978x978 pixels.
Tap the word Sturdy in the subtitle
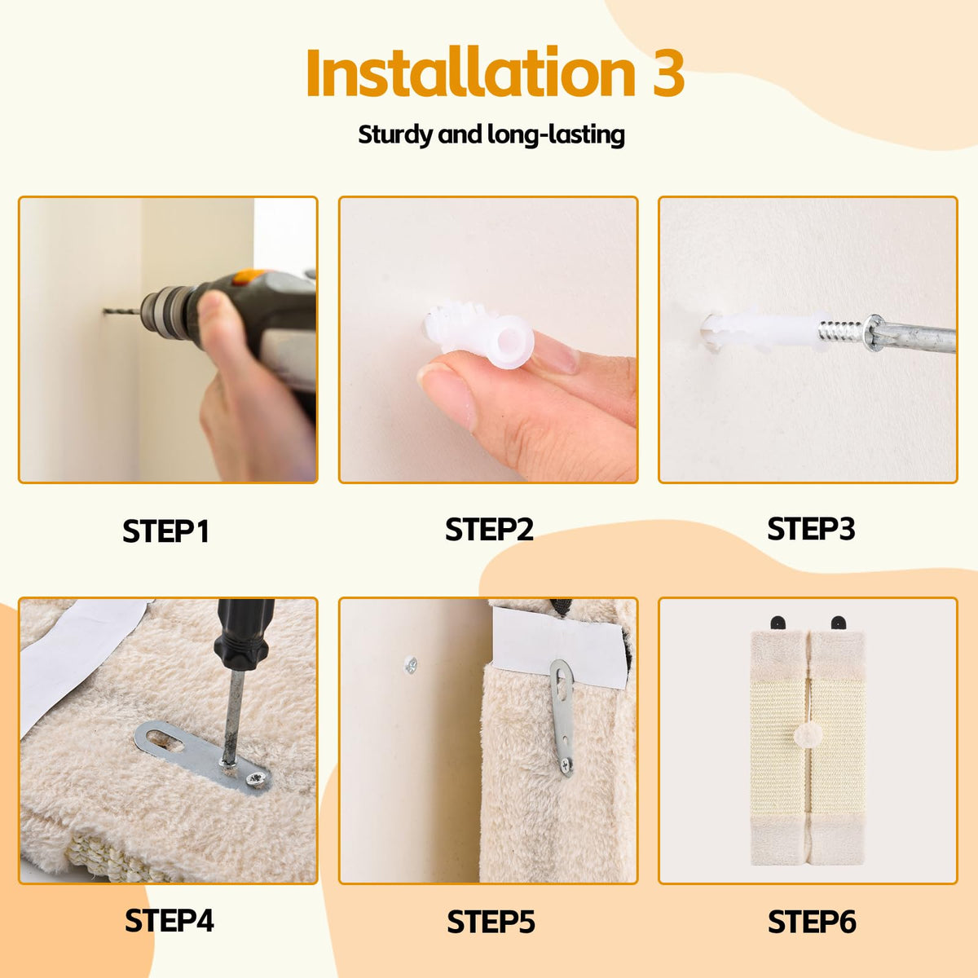pyautogui.click(x=394, y=135)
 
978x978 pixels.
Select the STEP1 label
pyautogui.click(x=165, y=531)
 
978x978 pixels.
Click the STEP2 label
pyautogui.click(x=489, y=530)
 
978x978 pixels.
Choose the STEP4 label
pyautogui.click(x=169, y=920)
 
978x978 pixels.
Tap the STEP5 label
pyautogui.click(x=491, y=921)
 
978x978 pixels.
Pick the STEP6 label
pyautogui.click(x=812, y=921)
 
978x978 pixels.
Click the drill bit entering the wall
pyautogui.click(x=121, y=311)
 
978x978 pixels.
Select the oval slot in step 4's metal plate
pyautogui.click(x=165, y=740)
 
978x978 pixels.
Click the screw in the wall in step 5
pyautogui.click(x=410, y=664)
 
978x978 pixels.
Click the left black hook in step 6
pyautogui.click(x=778, y=623)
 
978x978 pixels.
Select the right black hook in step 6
pyautogui.click(x=839, y=623)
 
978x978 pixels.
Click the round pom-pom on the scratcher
pyautogui.click(x=807, y=749)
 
